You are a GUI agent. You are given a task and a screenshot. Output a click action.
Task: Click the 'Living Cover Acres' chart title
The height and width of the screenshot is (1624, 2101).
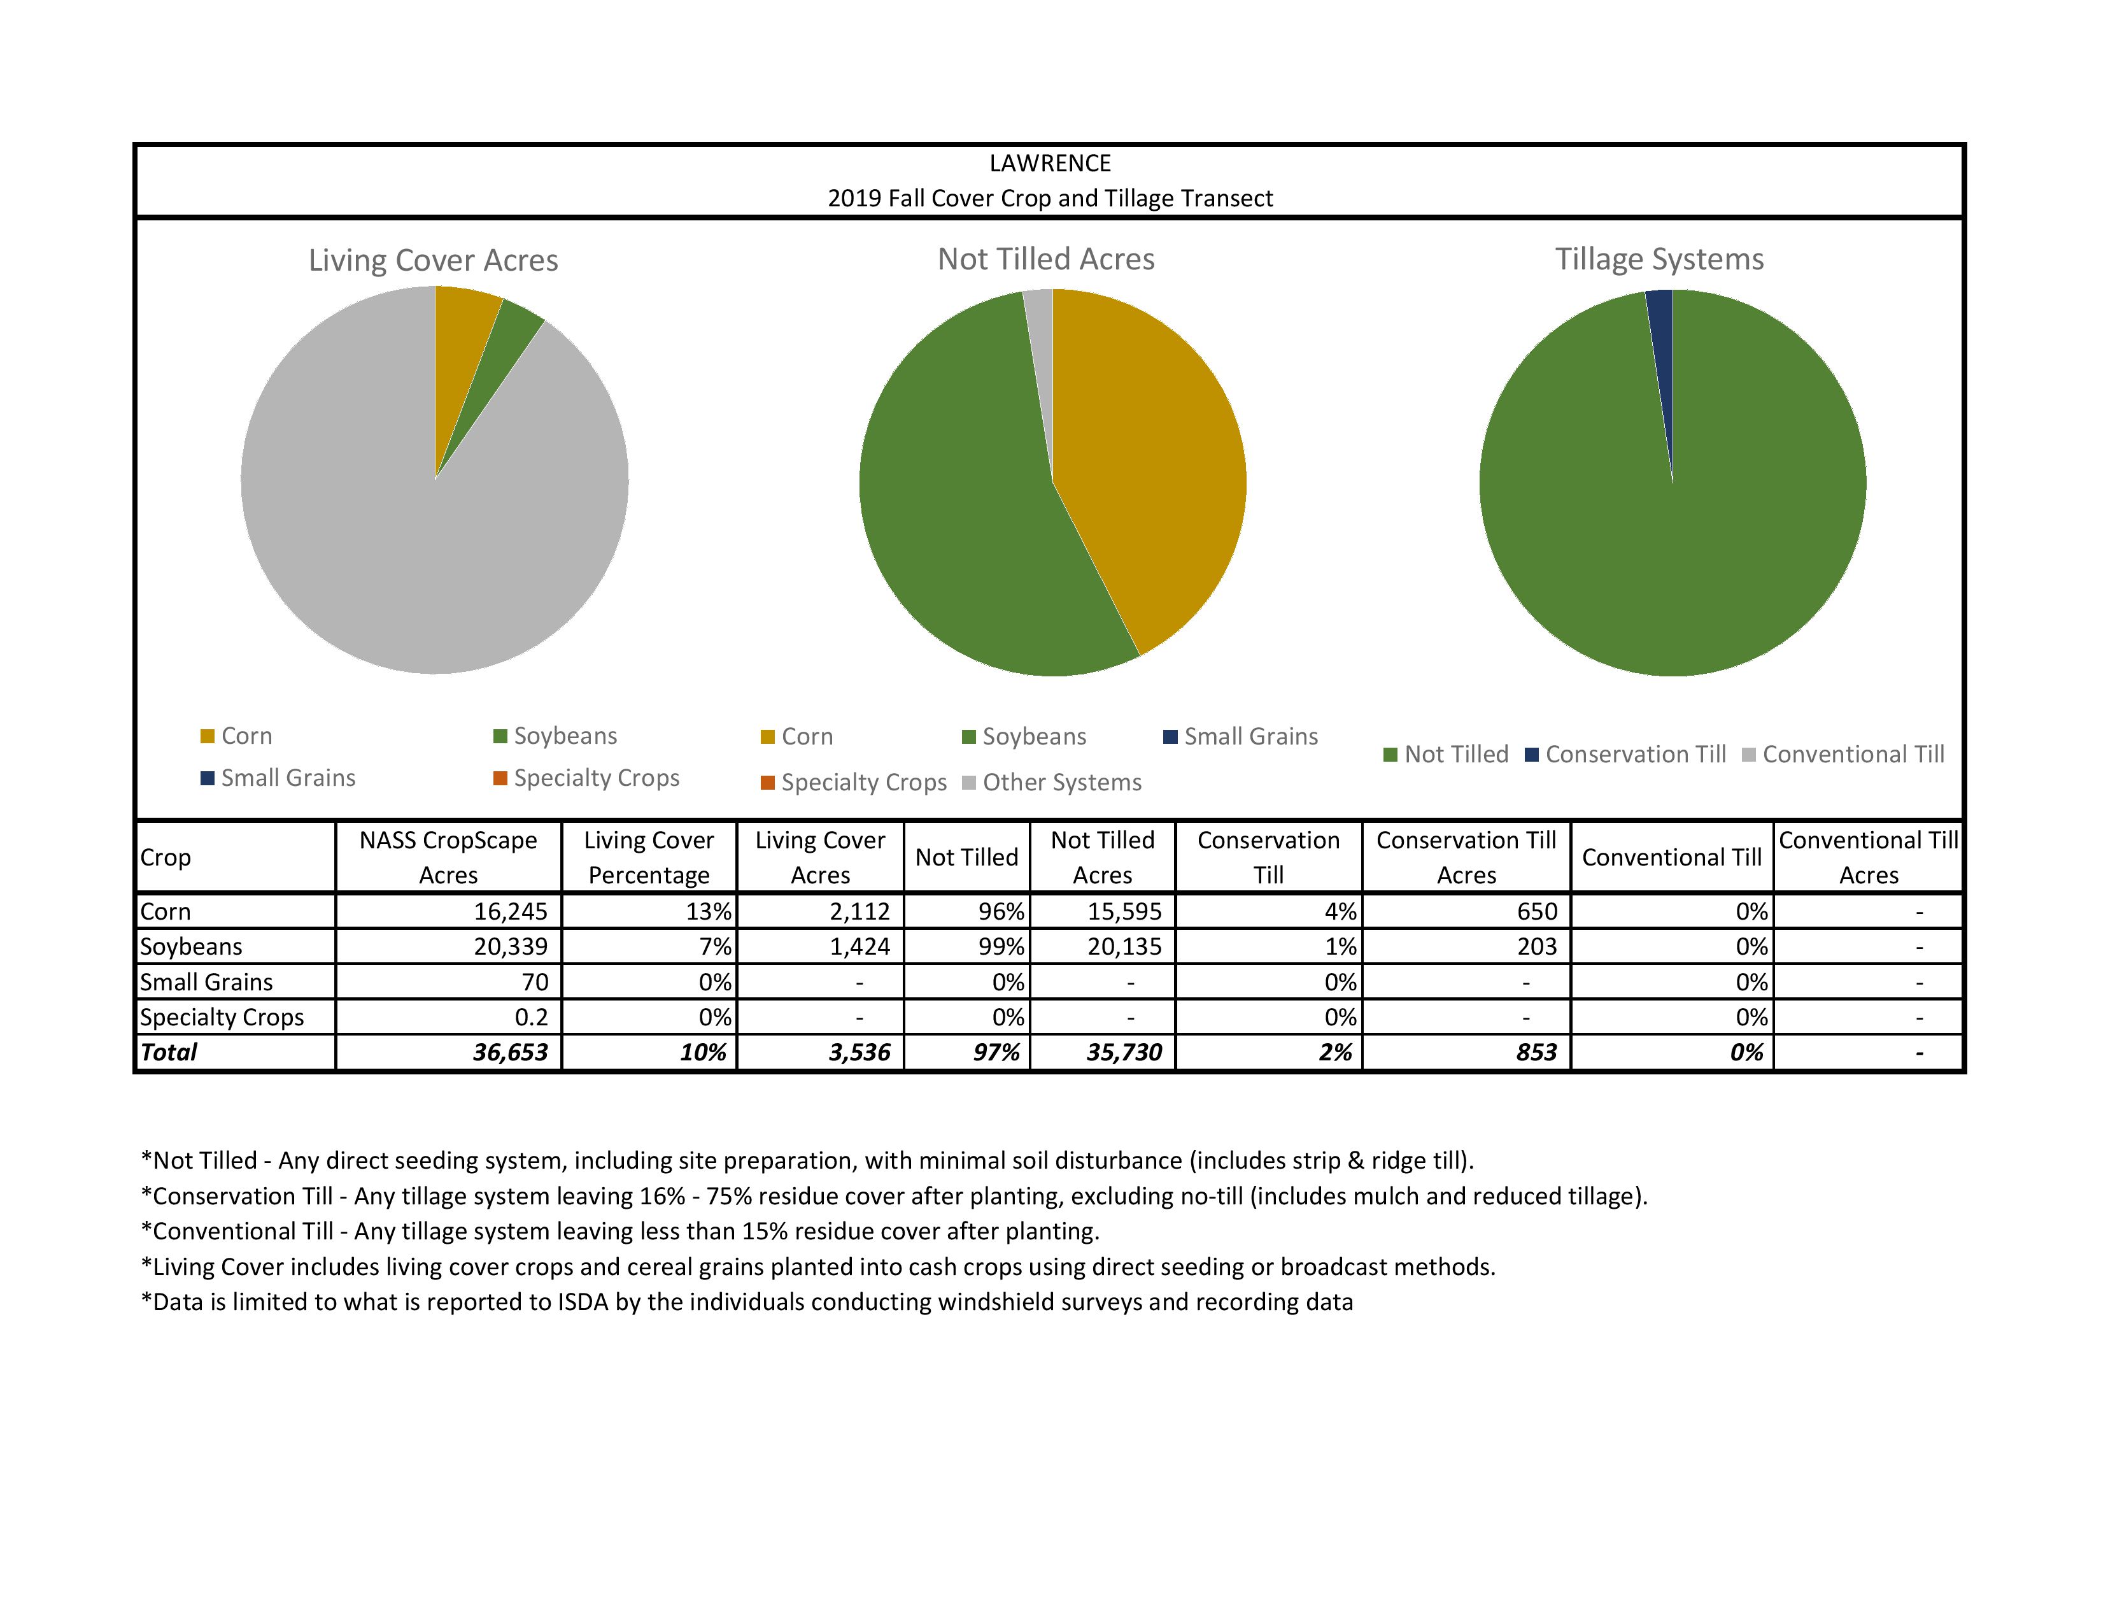[x=433, y=260]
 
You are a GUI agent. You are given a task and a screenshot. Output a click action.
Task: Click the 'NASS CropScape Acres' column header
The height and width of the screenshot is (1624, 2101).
[x=448, y=857]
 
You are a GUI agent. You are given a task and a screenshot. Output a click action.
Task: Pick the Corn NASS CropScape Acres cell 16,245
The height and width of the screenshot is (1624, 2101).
[x=510, y=911]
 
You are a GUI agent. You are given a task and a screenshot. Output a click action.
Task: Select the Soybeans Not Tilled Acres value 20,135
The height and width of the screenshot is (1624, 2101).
[x=1124, y=946]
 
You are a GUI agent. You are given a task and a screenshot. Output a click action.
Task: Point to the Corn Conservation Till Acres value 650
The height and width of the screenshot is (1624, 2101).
[x=1536, y=911]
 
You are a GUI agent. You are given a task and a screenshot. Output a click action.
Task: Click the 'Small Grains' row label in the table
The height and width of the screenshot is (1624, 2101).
[x=207, y=982]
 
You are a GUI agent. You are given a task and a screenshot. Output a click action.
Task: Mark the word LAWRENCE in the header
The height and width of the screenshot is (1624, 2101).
[x=1049, y=164]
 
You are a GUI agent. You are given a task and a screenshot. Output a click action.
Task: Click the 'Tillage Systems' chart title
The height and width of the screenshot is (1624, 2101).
[x=1659, y=260]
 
